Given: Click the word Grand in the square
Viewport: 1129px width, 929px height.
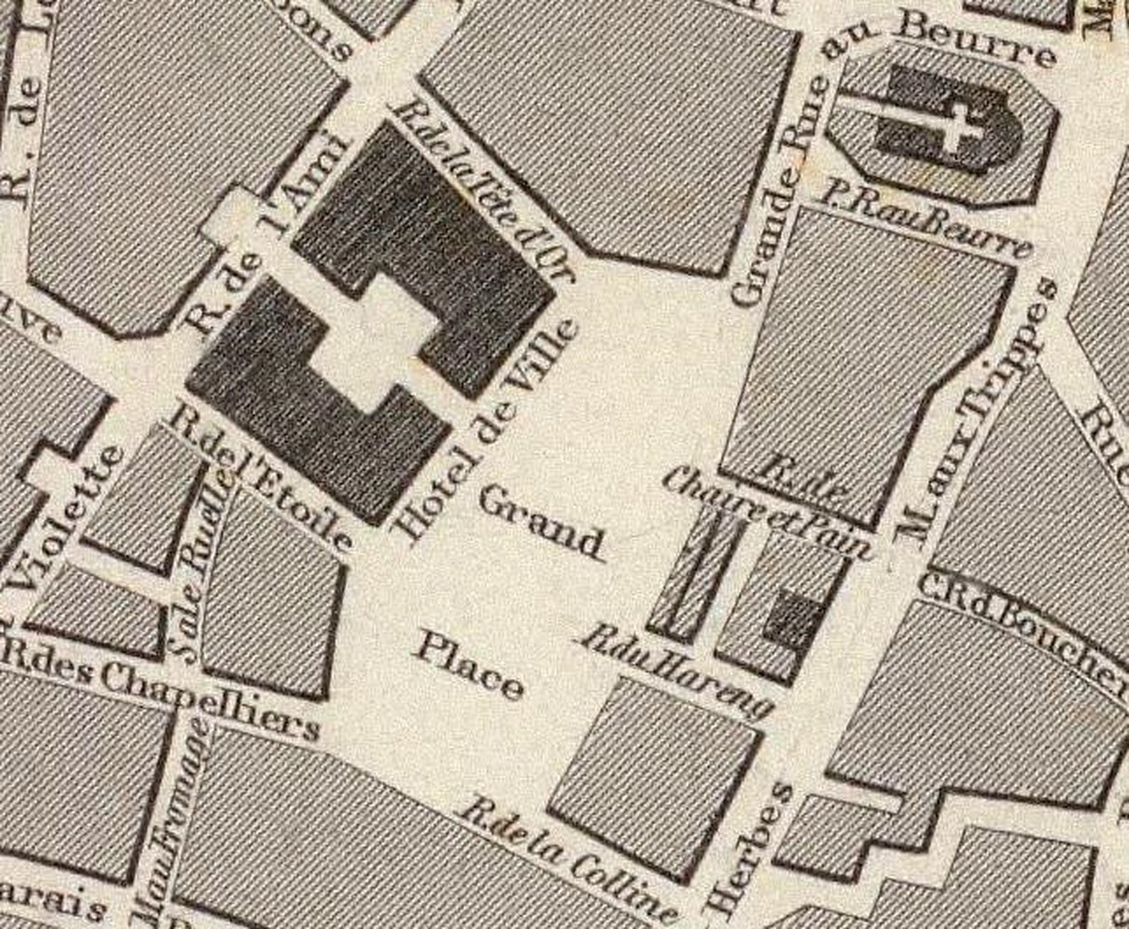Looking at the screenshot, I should (x=540, y=523).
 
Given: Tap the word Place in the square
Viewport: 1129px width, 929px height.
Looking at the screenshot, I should (x=468, y=664).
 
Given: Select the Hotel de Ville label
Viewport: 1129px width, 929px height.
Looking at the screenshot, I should (x=487, y=432).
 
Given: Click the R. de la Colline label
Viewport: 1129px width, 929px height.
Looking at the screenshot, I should (x=571, y=859).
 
